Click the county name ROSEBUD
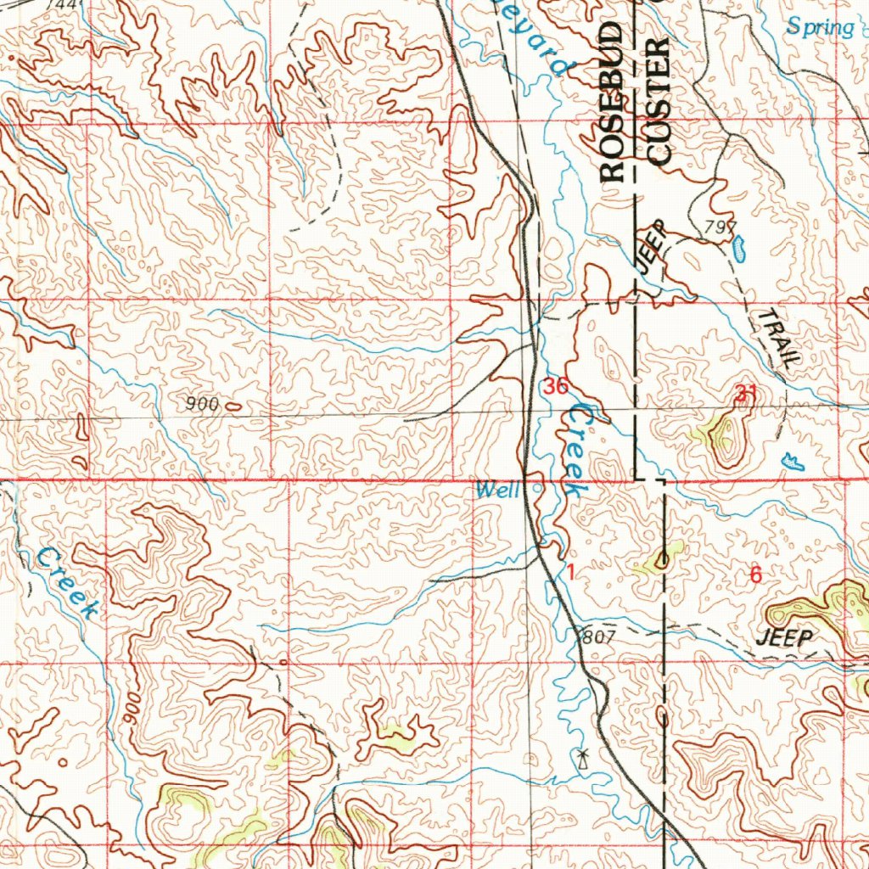click(613, 103)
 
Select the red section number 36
click(556, 388)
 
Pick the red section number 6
click(755, 575)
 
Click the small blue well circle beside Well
click(536, 489)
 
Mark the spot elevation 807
click(595, 636)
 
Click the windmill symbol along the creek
click(581, 755)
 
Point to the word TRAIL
click(778, 338)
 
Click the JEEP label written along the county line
click(652, 245)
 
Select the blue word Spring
click(819, 27)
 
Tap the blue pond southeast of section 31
click(793, 461)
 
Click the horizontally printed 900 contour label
click(203, 405)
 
